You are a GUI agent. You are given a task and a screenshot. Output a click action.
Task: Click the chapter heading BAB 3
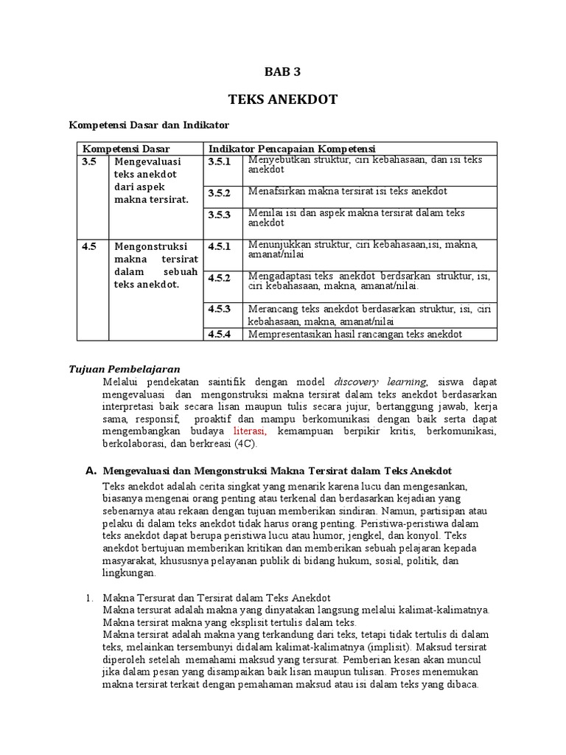click(x=282, y=72)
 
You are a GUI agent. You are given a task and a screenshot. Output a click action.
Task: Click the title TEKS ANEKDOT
click(x=282, y=100)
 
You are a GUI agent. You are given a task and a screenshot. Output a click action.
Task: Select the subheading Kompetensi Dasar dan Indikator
click(x=149, y=125)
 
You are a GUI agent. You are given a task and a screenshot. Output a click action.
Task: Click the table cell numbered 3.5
click(x=89, y=161)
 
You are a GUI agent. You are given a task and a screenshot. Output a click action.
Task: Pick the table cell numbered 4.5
click(x=89, y=246)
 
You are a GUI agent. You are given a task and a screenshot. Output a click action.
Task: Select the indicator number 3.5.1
click(x=219, y=161)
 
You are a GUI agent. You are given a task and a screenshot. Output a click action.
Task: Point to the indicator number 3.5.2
click(x=219, y=193)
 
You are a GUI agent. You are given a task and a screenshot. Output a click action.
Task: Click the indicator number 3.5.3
click(x=219, y=215)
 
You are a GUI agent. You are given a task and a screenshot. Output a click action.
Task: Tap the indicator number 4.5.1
click(x=219, y=246)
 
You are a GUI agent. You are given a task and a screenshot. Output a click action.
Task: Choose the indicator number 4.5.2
click(x=219, y=277)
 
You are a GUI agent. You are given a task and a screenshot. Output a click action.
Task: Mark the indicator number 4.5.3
click(x=219, y=308)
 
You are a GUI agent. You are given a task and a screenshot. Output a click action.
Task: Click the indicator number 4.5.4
click(x=219, y=334)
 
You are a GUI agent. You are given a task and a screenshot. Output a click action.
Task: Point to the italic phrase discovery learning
click(x=380, y=381)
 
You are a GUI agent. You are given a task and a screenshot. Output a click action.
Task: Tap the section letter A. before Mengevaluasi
click(x=91, y=470)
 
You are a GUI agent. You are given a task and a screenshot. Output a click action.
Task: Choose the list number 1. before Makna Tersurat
click(x=91, y=597)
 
